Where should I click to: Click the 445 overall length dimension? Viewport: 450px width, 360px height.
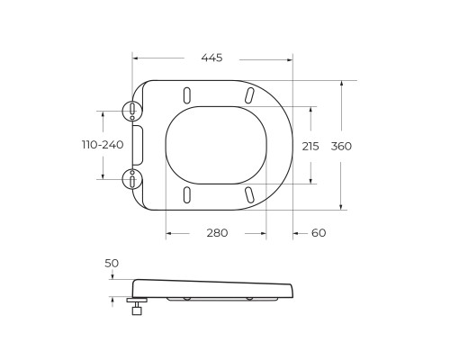pos(211,58)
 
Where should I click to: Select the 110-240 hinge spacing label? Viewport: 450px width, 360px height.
pos(103,145)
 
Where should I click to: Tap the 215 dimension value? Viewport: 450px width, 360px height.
pos(310,146)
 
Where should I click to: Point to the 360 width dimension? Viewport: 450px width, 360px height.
pos(341,146)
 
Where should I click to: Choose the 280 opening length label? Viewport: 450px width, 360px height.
pos(217,232)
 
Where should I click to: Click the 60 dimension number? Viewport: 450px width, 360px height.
pos(319,232)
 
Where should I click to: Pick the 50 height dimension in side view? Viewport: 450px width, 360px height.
pos(112,263)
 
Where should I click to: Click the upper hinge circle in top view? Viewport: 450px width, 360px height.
pos(132,112)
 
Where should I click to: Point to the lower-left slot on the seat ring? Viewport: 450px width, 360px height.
pos(185,195)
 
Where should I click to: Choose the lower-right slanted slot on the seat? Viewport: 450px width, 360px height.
pos(247,195)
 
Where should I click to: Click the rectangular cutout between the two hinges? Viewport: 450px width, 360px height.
pos(138,145)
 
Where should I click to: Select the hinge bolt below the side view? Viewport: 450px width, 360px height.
pos(137,307)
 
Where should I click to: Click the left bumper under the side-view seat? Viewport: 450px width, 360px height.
pos(185,298)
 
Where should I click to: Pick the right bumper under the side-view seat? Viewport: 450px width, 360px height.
pos(248,298)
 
